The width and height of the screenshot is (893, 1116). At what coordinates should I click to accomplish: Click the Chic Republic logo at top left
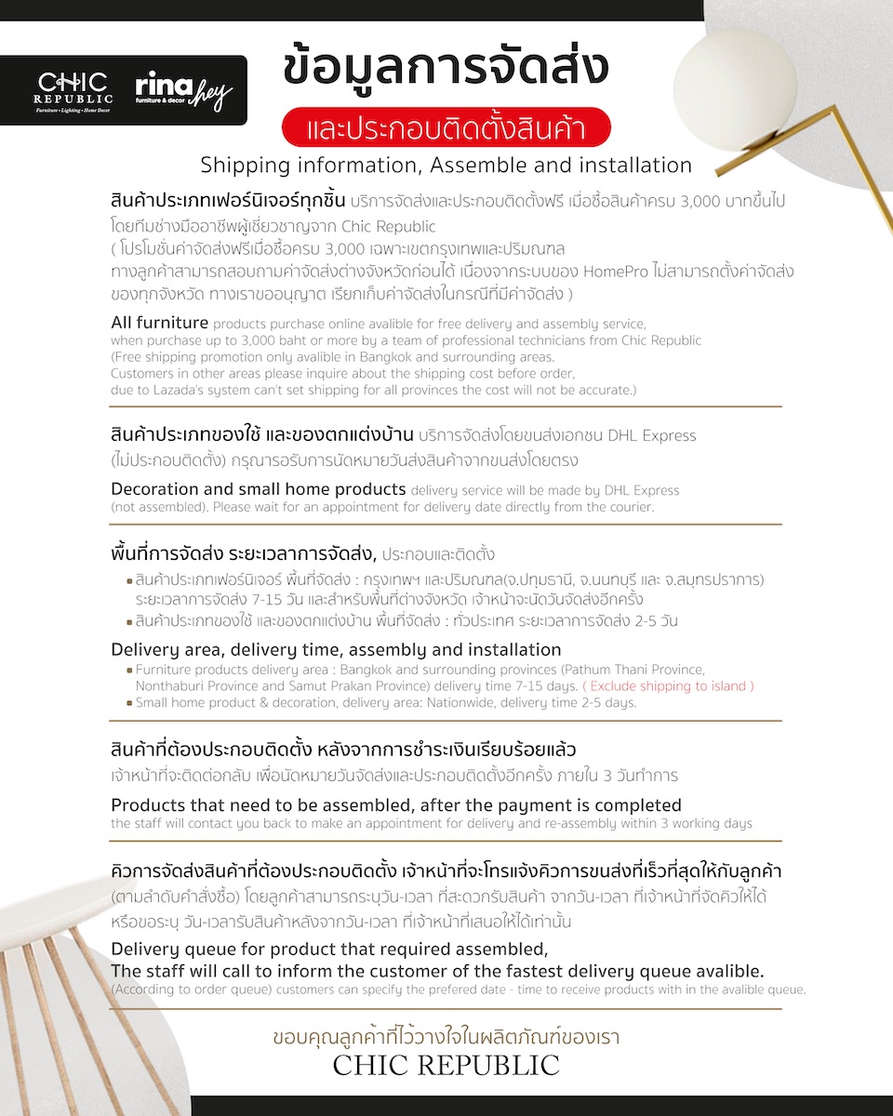coord(73,90)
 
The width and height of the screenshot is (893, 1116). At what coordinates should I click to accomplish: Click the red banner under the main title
coord(446,128)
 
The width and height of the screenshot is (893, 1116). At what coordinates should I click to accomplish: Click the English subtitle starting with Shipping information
coord(446,166)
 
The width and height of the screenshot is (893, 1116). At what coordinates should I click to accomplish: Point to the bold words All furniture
coord(159,323)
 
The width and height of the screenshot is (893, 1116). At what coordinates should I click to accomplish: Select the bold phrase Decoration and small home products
coord(259,489)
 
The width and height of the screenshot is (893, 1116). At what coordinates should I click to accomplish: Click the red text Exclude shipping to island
coord(669,686)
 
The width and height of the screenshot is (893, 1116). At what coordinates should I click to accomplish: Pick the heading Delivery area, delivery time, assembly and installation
coord(336,649)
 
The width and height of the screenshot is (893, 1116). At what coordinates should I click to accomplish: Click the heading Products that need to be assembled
coord(395,805)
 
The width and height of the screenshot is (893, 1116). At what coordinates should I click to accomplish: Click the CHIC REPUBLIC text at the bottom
coord(446,1065)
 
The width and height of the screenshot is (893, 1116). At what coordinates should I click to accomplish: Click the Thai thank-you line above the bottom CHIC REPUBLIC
coord(446,1035)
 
